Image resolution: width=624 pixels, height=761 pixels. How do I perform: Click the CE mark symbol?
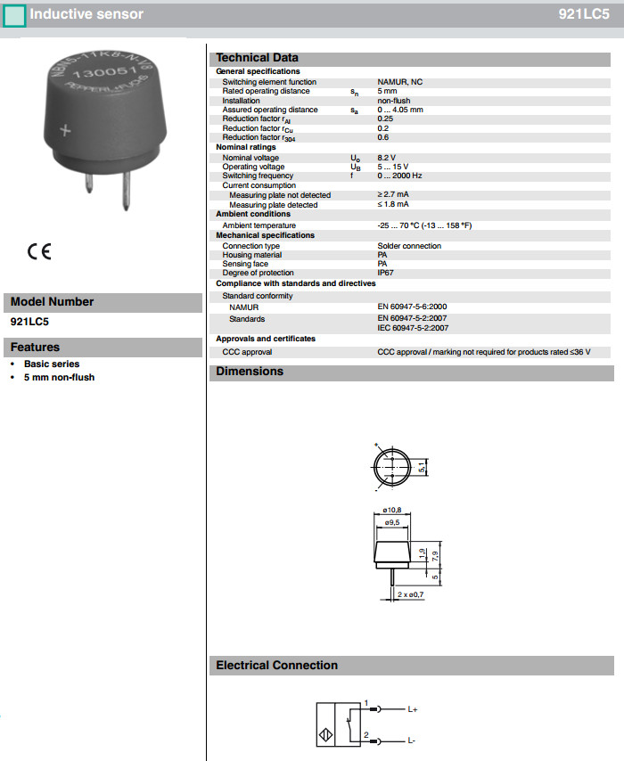(40, 251)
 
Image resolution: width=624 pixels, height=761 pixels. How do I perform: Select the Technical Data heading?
(258, 58)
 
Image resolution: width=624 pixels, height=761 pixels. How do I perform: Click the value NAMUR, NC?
(400, 82)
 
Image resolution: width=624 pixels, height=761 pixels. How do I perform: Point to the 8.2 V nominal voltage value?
(388, 158)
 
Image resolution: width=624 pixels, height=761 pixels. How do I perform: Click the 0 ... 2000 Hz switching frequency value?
(400, 176)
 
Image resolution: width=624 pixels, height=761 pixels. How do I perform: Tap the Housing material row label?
(252, 255)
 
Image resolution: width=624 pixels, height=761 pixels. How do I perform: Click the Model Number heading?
(52, 301)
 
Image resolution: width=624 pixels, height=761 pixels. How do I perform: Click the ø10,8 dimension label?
(391, 511)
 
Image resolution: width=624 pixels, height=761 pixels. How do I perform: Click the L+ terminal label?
(413, 710)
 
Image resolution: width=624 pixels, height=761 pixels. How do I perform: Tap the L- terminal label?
(412, 741)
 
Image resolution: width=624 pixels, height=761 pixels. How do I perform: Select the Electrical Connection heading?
(276, 665)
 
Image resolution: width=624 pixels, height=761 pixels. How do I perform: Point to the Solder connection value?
(409, 246)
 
